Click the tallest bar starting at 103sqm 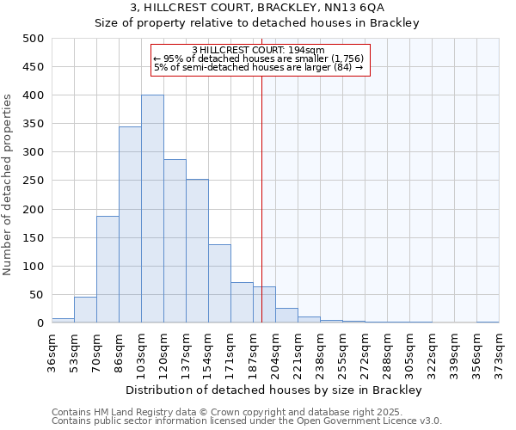152,209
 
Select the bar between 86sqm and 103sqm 130,224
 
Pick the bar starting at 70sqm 107,269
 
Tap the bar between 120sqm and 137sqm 175,241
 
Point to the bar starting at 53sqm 85,310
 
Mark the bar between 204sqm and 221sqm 286,316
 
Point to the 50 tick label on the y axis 36,295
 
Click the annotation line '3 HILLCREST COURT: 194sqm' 259,50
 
